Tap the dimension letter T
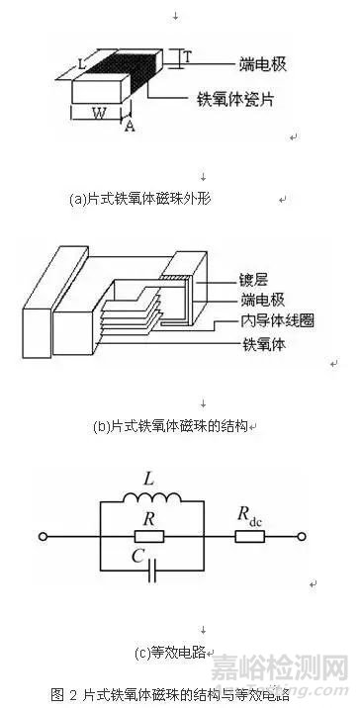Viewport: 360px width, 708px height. [186, 57]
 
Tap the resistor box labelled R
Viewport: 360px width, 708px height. [150, 537]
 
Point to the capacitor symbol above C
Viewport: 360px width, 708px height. [150, 571]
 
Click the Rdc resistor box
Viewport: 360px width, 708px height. [248, 537]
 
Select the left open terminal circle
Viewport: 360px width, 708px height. [43, 537]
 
